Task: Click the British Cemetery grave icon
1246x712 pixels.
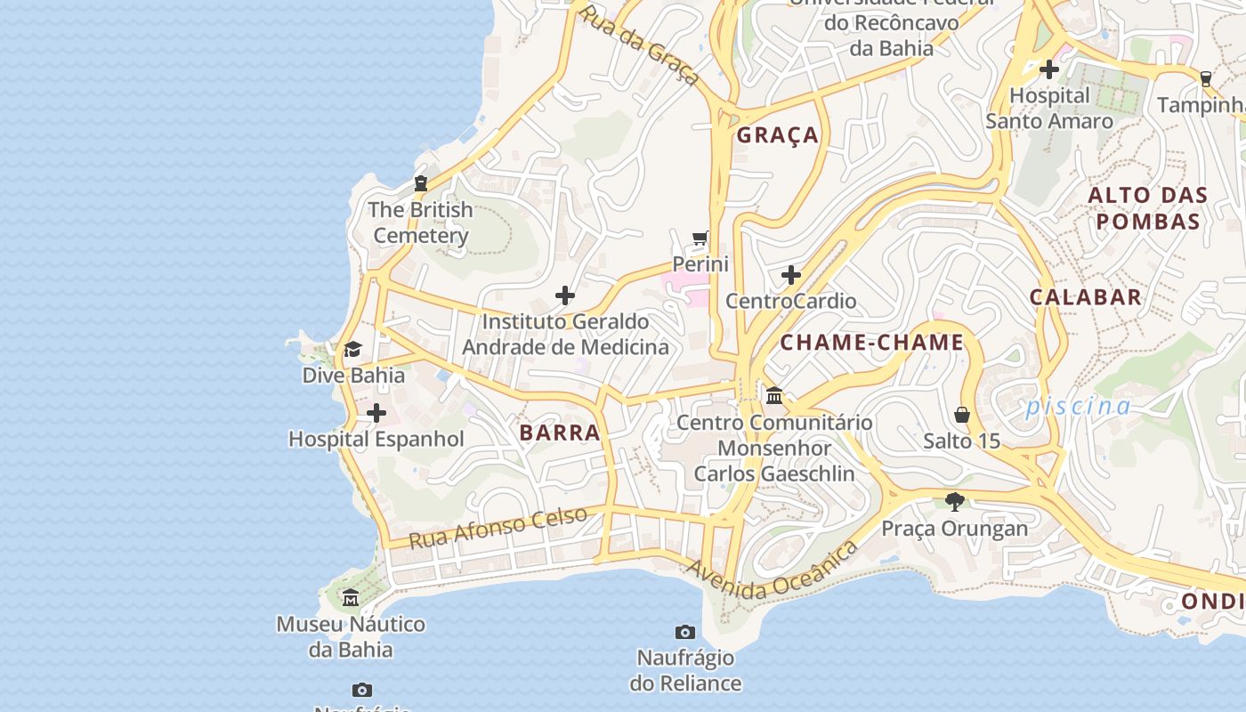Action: [x=421, y=183]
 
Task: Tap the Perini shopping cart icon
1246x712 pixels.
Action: [x=700, y=239]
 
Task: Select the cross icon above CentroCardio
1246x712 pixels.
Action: [x=790, y=275]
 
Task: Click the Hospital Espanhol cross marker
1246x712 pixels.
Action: [x=376, y=413]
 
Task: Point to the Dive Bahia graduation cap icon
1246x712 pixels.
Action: [x=353, y=350]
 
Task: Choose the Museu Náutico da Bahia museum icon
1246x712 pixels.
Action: [x=351, y=598]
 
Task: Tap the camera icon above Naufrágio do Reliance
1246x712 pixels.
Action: [x=685, y=632]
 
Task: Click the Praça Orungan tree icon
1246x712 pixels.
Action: [x=955, y=502]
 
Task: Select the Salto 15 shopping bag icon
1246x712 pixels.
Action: [x=962, y=415]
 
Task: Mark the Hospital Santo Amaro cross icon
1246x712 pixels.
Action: [x=1049, y=69]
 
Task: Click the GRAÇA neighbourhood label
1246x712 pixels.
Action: [x=778, y=135]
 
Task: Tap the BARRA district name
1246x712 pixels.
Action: [x=560, y=433]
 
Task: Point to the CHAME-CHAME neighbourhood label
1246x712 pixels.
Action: [x=872, y=343]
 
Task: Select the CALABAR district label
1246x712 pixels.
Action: [x=1086, y=297]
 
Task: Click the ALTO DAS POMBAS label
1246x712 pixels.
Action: [x=1148, y=208]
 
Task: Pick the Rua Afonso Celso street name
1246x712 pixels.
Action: [x=498, y=527]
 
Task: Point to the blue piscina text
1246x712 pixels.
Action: [x=1078, y=407]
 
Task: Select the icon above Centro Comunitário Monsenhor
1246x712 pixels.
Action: [x=774, y=395]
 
